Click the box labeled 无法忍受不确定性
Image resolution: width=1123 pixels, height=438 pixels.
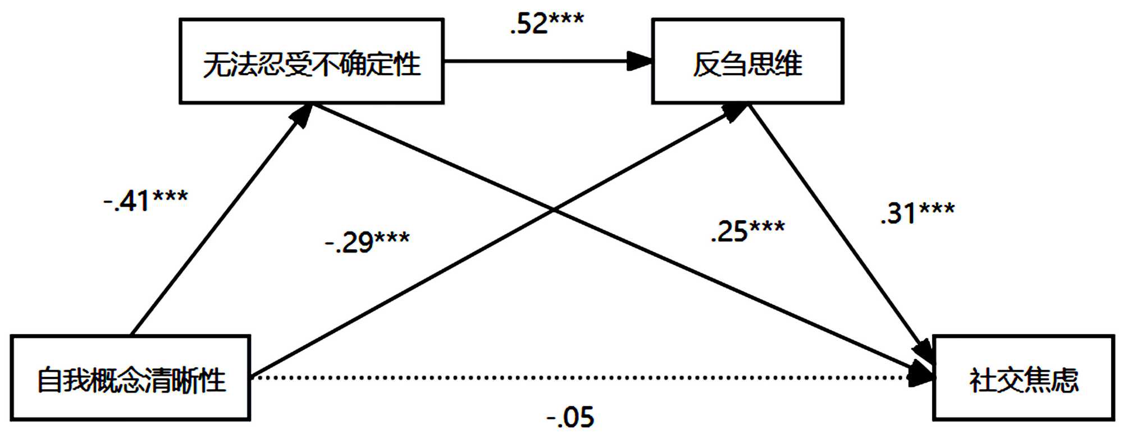click(312, 61)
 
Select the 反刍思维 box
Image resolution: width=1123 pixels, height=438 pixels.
click(747, 61)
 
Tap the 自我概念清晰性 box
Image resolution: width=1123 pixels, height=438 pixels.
click(130, 378)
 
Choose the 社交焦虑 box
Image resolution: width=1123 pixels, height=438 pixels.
click(1023, 378)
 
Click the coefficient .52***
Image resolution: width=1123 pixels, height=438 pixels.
click(546, 24)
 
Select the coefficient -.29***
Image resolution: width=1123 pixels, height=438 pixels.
click(367, 242)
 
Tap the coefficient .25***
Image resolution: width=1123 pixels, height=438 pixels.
click(747, 231)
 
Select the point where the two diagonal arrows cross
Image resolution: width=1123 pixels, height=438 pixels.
click(553, 210)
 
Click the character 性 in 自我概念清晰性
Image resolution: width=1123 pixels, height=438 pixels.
click(213, 380)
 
